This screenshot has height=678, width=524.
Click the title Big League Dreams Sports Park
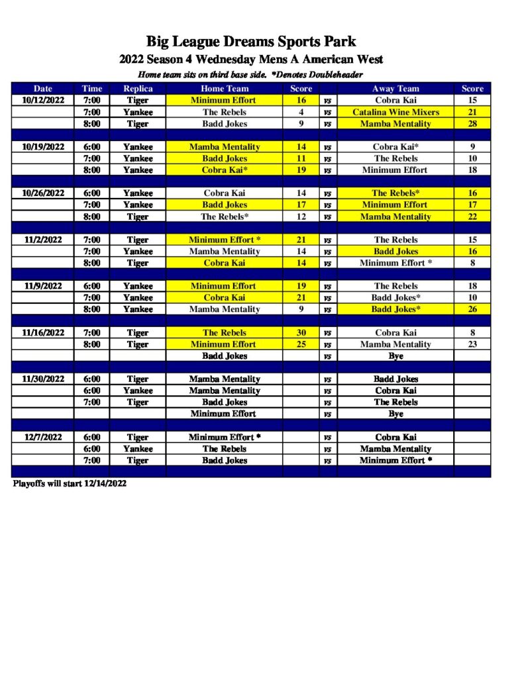251,42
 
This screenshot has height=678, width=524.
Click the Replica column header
138,89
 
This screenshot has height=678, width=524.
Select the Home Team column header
225,89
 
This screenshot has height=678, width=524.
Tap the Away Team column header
395,89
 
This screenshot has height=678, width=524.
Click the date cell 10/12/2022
43,100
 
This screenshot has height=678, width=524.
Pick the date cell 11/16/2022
43,332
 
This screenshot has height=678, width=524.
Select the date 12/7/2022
43,437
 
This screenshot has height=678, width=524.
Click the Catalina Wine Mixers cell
395,112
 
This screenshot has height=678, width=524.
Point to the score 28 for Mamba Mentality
472,124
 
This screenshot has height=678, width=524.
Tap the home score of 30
301,332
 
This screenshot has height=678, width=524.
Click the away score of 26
472,309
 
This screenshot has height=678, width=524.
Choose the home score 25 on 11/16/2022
301,344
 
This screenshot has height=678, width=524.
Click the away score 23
472,344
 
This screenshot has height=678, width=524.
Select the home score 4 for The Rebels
301,112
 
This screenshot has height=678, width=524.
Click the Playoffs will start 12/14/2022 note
70,483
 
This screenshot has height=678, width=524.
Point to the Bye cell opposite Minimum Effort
395,414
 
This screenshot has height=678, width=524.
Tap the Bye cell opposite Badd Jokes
395,356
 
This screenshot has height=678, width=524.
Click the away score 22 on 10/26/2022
472,217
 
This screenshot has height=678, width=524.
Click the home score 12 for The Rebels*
301,217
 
